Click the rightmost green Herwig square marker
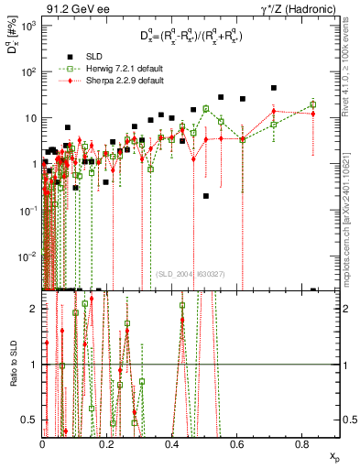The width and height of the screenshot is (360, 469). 313,104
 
